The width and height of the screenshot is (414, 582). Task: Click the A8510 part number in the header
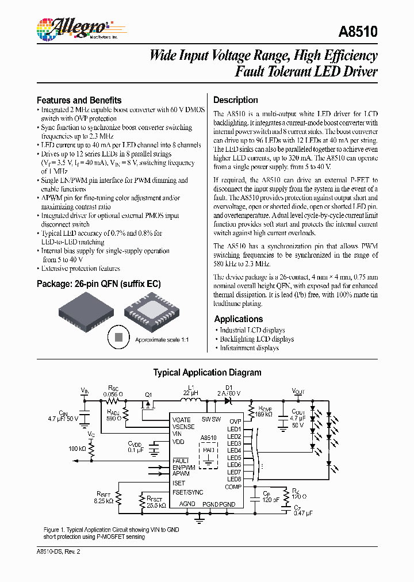click(359, 32)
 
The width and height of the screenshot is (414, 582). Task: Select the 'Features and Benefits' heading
click(79, 99)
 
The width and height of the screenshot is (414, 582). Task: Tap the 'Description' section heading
click(235, 99)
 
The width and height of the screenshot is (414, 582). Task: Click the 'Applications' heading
click(238, 319)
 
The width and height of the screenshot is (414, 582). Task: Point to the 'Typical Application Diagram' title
click(207, 372)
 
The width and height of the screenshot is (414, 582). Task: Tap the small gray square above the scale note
click(118, 338)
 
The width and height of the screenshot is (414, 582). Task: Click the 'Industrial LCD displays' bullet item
click(252, 330)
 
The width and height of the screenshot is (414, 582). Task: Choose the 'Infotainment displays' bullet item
click(250, 348)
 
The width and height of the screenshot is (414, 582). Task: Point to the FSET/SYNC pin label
click(187, 492)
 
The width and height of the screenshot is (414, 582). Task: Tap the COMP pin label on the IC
click(233, 487)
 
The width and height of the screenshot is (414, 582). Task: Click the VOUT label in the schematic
click(298, 391)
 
